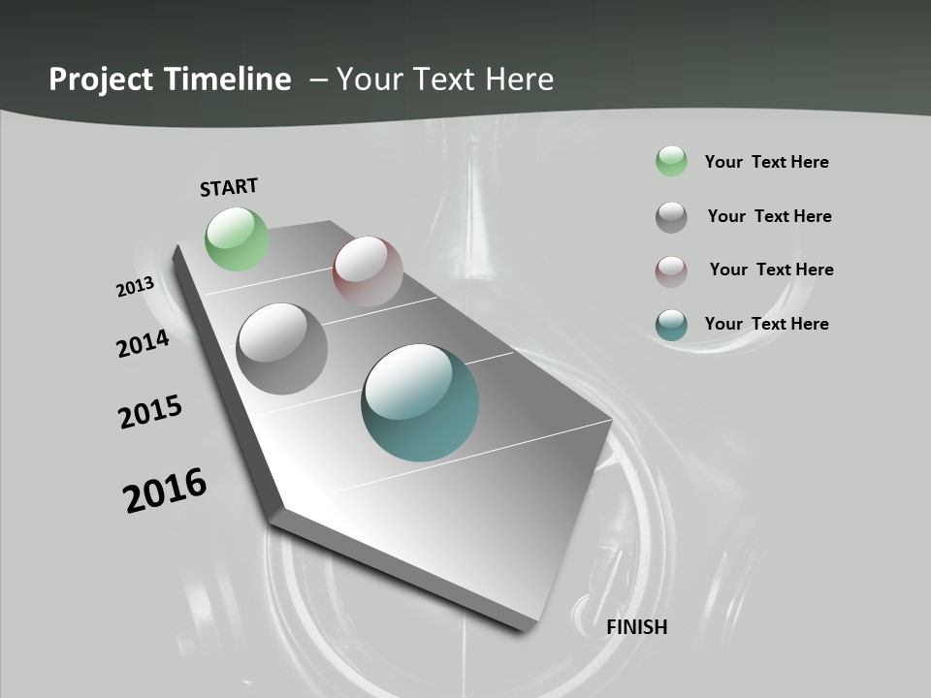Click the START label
pyautogui.click(x=229, y=186)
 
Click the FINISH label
pyautogui.click(x=637, y=627)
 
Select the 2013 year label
pyautogui.click(x=136, y=286)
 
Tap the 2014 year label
pyautogui.click(x=143, y=343)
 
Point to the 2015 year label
pyautogui.click(x=150, y=412)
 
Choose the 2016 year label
pyautogui.click(x=165, y=491)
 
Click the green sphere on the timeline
pyautogui.click(x=237, y=238)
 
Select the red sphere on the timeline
pyautogui.click(x=368, y=270)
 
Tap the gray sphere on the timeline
pyautogui.click(x=282, y=348)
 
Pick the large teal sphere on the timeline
pyautogui.click(x=420, y=402)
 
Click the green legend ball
pyautogui.click(x=671, y=161)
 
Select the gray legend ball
pyautogui.click(x=671, y=217)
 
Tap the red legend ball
pyautogui.click(x=671, y=270)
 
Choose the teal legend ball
pyautogui.click(x=671, y=325)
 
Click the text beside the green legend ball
pyautogui.click(x=766, y=162)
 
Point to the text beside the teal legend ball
pyautogui.click(x=766, y=324)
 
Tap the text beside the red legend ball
pyautogui.click(x=771, y=270)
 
